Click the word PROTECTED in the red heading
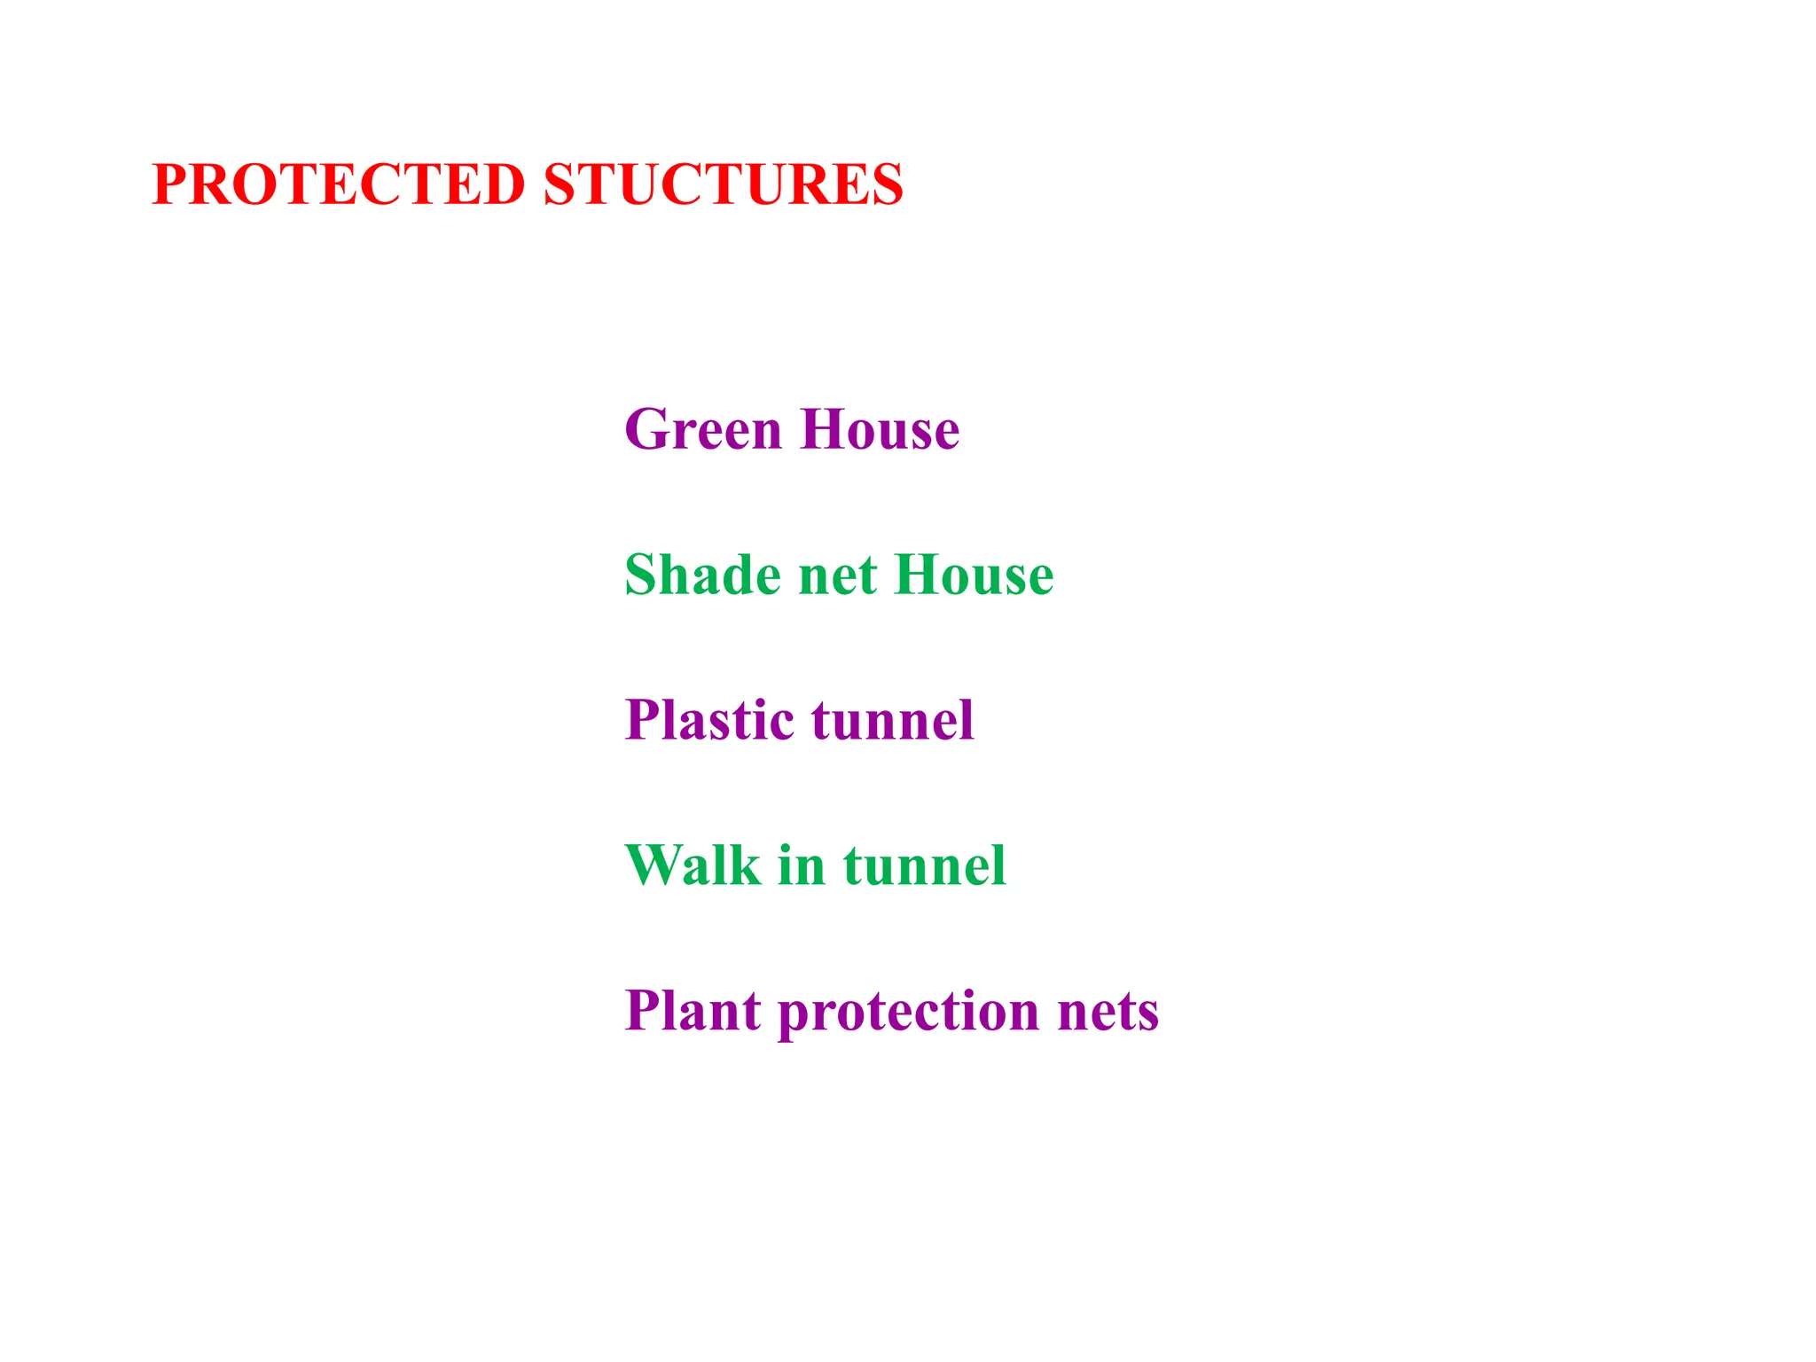[339, 185]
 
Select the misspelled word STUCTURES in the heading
[723, 185]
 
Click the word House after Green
[880, 430]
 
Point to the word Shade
[703, 575]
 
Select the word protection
[909, 1012]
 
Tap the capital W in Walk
[654, 865]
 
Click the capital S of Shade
[641, 575]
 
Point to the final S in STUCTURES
[887, 185]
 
